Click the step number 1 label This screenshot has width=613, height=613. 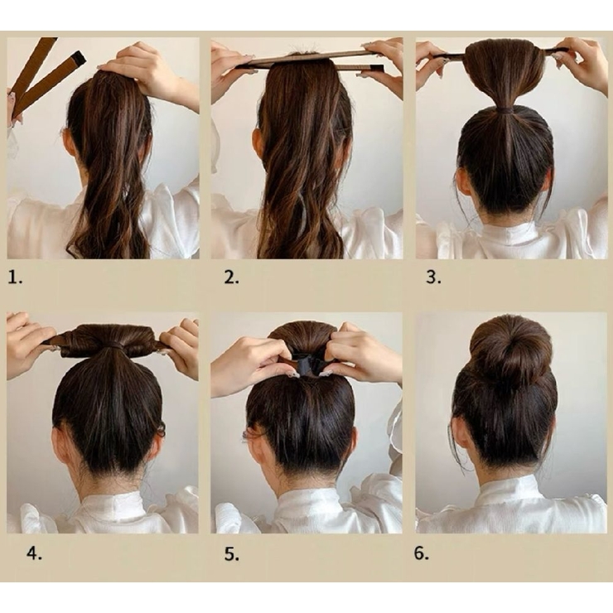[15, 278]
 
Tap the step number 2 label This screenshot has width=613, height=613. [231, 278]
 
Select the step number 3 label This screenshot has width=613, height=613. [433, 278]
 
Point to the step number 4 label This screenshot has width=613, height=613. [35, 553]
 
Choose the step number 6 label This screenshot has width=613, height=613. [422, 553]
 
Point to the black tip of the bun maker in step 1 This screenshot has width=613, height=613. [80, 58]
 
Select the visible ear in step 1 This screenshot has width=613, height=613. [67, 144]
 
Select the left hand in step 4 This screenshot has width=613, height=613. [27, 344]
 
